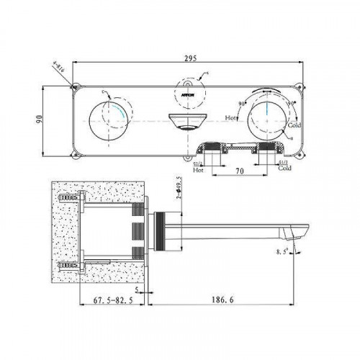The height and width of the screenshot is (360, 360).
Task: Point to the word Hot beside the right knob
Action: tap(231, 117)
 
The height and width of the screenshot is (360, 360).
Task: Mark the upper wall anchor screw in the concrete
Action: tap(68, 196)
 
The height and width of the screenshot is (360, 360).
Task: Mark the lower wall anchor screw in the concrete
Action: tap(68, 264)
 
